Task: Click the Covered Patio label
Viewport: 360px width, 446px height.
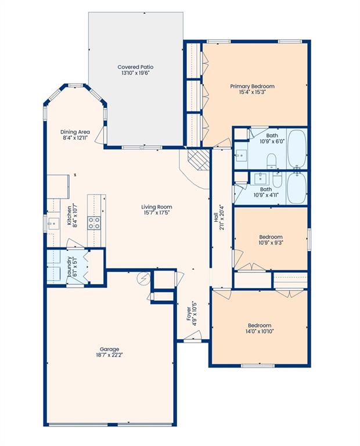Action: coord(135,67)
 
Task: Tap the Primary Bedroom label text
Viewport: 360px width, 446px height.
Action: coord(256,87)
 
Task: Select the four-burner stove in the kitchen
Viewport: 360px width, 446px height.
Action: coord(94,222)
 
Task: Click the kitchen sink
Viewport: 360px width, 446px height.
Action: coord(52,222)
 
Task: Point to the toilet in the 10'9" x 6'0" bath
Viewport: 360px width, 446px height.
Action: coord(271,160)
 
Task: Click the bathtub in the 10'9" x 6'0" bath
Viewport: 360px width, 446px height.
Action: coord(297,148)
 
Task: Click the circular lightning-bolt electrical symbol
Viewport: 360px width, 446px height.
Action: coord(143,280)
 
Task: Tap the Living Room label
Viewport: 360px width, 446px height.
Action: coord(157,207)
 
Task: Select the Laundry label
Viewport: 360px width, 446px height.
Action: coord(69,266)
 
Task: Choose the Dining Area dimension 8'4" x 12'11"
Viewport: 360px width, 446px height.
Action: coord(76,138)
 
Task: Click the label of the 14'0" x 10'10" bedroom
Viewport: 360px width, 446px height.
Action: coord(260,325)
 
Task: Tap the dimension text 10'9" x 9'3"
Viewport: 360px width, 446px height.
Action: coord(271,244)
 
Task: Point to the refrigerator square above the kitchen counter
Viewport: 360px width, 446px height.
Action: coord(58,186)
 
